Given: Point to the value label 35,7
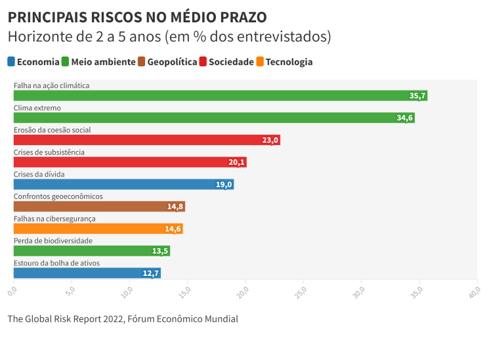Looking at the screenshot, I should point(417,96).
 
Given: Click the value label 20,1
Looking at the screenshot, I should point(236,162).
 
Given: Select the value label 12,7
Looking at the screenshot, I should point(151,273).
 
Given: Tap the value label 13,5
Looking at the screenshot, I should point(160,251).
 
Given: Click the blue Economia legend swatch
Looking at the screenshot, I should point(11,62).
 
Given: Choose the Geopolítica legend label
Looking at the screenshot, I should point(172,62).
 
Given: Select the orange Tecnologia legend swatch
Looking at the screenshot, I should point(260,62).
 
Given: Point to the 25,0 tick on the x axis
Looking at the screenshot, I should point(303,290).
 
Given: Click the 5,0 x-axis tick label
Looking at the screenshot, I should point(70,290).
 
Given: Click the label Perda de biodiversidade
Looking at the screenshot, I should point(53,241).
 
